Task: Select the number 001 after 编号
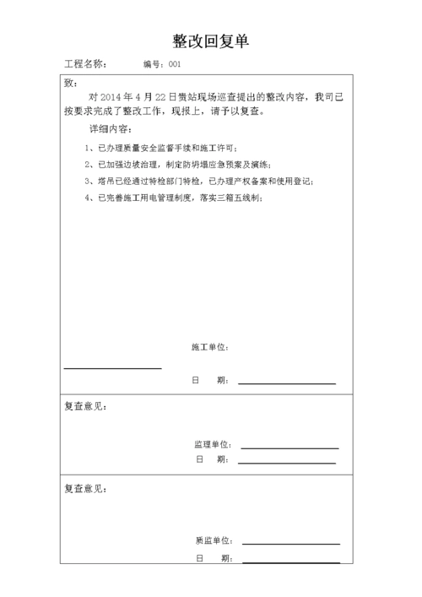pos(175,64)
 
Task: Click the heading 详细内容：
pos(108,130)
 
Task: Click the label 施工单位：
pos(210,347)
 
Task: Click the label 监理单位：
pos(213,444)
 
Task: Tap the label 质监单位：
pos(213,540)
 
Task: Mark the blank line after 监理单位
pos(289,448)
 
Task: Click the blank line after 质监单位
pos(290,544)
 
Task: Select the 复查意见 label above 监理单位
pos(85,405)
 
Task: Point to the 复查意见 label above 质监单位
pos(85,488)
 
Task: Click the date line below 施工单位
pos(286,383)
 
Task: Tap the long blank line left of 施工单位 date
pos(112,368)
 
